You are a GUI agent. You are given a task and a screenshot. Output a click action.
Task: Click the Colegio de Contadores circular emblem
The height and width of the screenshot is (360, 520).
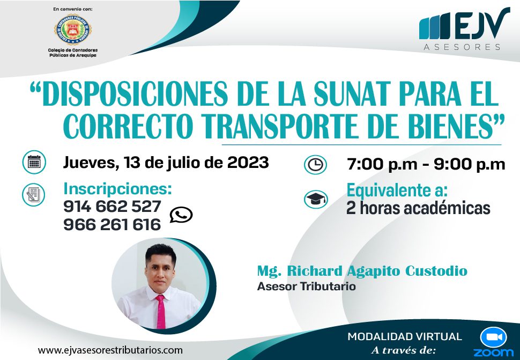click(73, 30)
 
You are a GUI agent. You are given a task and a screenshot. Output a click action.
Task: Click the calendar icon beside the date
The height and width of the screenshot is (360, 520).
click(34, 162)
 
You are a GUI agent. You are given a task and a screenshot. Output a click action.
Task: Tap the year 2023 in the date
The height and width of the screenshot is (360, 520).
click(248, 163)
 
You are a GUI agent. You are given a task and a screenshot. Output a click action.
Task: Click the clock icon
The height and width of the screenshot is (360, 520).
click(315, 165)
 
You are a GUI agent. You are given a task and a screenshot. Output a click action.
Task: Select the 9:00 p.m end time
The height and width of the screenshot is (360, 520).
click(469, 165)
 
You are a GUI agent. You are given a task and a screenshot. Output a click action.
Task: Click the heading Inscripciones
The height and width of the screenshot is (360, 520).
click(118, 189)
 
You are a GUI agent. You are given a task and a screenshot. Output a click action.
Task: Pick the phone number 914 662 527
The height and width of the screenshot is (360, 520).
click(112, 207)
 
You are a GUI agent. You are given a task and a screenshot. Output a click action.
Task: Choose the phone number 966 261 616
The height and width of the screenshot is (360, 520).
click(112, 225)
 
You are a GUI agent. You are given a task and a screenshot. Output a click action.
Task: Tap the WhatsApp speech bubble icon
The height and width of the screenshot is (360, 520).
click(181, 215)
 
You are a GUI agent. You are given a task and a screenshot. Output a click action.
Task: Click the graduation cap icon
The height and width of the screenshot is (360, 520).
click(316, 199)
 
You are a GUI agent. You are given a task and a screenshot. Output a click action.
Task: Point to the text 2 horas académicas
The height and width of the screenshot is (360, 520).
click(418, 208)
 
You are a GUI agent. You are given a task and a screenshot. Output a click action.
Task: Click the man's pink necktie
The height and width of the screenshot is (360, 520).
click(160, 312)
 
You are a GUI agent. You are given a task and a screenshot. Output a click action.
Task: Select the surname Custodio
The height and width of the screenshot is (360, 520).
click(436, 271)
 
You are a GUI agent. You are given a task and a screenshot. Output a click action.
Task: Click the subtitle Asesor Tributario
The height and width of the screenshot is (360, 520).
click(307, 286)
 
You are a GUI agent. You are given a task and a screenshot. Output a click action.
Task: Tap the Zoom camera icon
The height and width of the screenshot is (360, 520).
click(494, 337)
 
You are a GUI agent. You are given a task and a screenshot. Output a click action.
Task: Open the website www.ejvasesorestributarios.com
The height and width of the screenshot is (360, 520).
click(110, 350)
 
